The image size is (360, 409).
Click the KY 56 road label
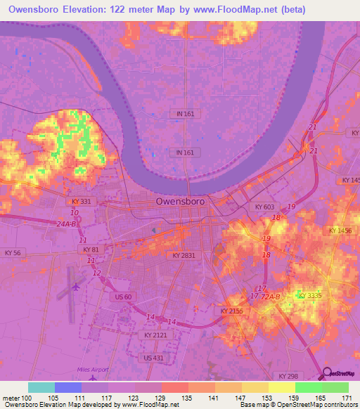(x=14, y=252)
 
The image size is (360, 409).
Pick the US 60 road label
(x=122, y=297)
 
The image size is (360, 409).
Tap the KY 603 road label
(x=263, y=207)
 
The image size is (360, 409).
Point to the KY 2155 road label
(x=231, y=311)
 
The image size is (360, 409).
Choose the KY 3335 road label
(x=309, y=296)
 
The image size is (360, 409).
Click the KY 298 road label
(x=289, y=377)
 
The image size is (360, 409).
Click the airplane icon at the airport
(x=76, y=286)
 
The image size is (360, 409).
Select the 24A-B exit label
(x=67, y=224)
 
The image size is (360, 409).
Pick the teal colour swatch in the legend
(x=41, y=387)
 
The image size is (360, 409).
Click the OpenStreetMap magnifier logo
(x=328, y=373)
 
